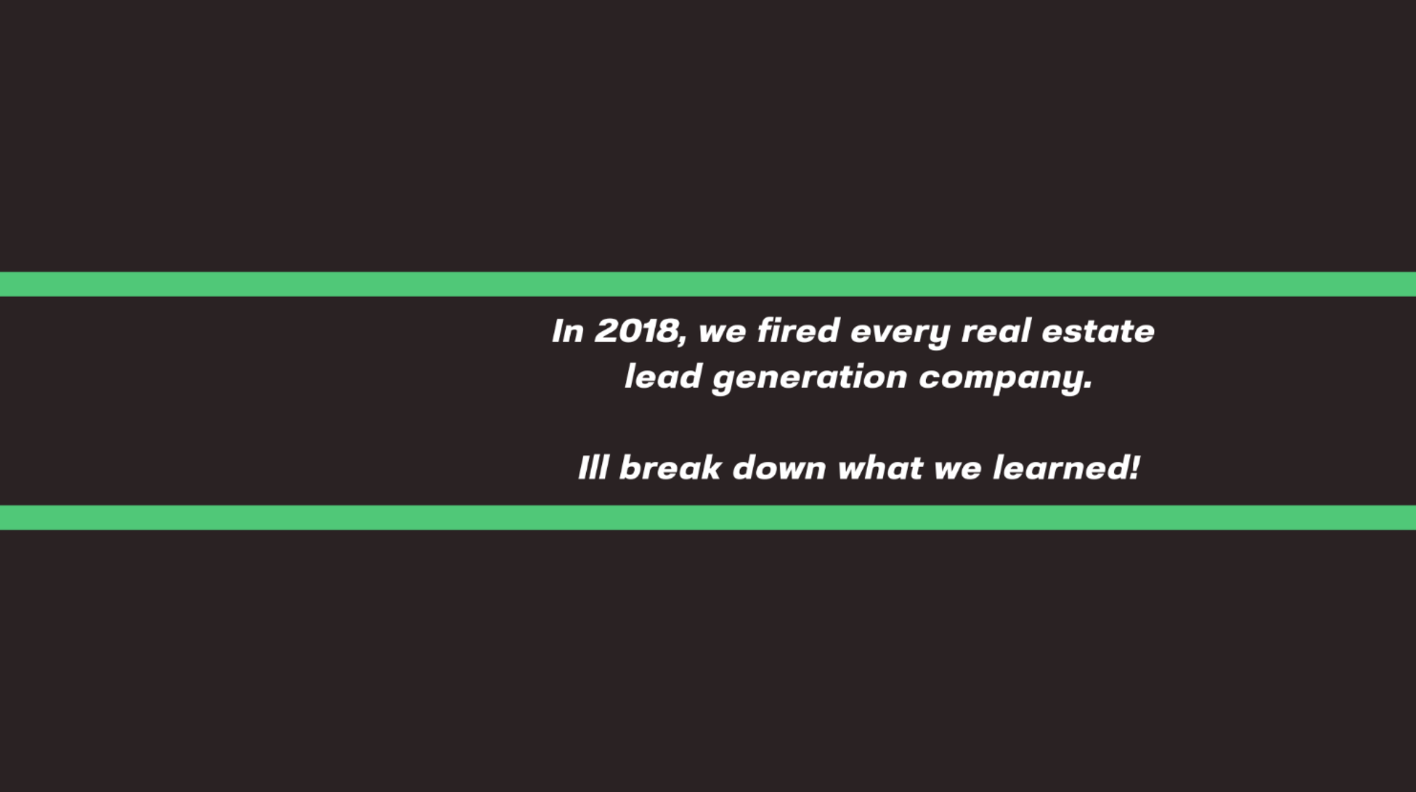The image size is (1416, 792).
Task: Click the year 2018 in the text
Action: [636, 330]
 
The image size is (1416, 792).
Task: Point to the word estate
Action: [1098, 330]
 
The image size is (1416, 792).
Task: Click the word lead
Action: [663, 376]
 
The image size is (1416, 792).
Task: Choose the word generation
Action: [810, 379]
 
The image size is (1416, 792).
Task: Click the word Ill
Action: [593, 468]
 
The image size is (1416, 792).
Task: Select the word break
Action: [670, 468]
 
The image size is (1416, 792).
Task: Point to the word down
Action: [779, 468]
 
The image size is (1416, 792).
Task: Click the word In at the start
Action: [568, 331]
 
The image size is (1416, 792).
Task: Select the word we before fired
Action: [723, 334]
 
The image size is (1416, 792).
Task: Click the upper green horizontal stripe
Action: [708, 284]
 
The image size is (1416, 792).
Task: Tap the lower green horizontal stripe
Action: [708, 518]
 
